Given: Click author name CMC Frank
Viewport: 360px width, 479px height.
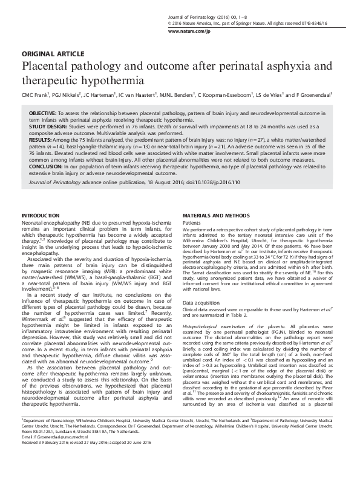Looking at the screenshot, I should pos(36,95).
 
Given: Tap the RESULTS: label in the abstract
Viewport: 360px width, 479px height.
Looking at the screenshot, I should pos(42,137).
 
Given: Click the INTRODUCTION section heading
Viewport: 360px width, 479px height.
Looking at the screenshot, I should pos(40,216).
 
